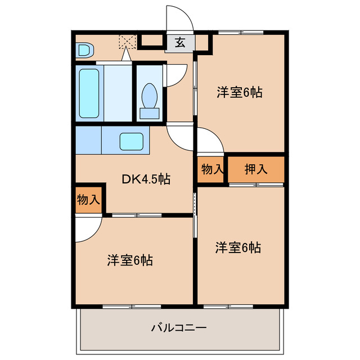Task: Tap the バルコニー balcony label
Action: tap(179, 328)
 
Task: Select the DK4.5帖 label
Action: tap(146, 179)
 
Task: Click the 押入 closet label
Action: tap(256, 169)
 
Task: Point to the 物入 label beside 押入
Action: tap(212, 169)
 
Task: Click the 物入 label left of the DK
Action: tap(88, 199)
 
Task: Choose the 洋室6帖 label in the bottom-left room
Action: tap(130, 260)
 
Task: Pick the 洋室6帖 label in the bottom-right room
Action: tap(238, 247)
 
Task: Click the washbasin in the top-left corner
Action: tap(84, 50)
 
